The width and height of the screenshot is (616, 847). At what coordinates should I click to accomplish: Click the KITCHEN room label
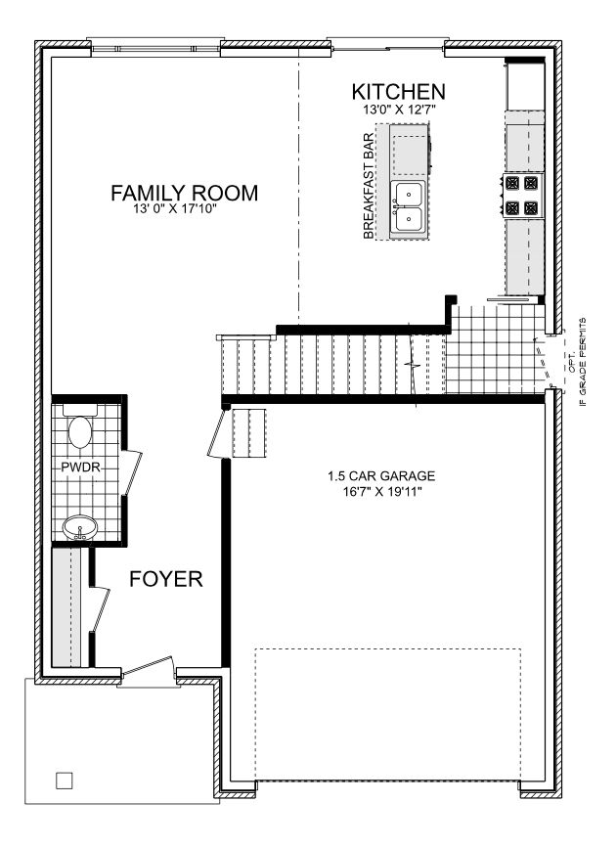point(398,92)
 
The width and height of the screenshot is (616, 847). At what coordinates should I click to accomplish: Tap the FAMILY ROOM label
point(184,193)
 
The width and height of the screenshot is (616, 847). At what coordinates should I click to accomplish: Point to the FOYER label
point(166,579)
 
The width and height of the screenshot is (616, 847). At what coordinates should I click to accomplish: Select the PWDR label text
point(81,468)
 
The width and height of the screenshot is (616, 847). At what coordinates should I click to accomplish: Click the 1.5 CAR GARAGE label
point(381,476)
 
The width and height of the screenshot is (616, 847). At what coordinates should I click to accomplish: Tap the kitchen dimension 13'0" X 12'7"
point(399,110)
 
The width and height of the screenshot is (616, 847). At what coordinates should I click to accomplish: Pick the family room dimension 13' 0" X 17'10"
point(175,209)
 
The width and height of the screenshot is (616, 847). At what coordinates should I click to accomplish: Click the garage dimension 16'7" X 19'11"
point(381,492)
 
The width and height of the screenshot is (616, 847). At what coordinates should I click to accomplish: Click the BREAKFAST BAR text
point(369,186)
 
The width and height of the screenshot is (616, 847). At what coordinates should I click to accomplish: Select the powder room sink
point(80,527)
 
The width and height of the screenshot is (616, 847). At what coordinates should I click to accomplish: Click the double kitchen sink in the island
point(408,208)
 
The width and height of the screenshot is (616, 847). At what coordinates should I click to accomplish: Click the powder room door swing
point(131,472)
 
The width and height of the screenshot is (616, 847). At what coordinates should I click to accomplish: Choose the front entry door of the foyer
point(148,667)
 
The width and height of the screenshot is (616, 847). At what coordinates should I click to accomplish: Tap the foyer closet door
point(101,608)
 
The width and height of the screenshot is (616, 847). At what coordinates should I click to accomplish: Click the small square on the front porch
point(65,780)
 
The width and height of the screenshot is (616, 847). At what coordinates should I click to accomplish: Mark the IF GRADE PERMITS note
point(582,362)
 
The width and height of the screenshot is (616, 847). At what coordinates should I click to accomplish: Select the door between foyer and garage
point(217,433)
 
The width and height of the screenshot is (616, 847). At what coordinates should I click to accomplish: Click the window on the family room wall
point(155,49)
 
